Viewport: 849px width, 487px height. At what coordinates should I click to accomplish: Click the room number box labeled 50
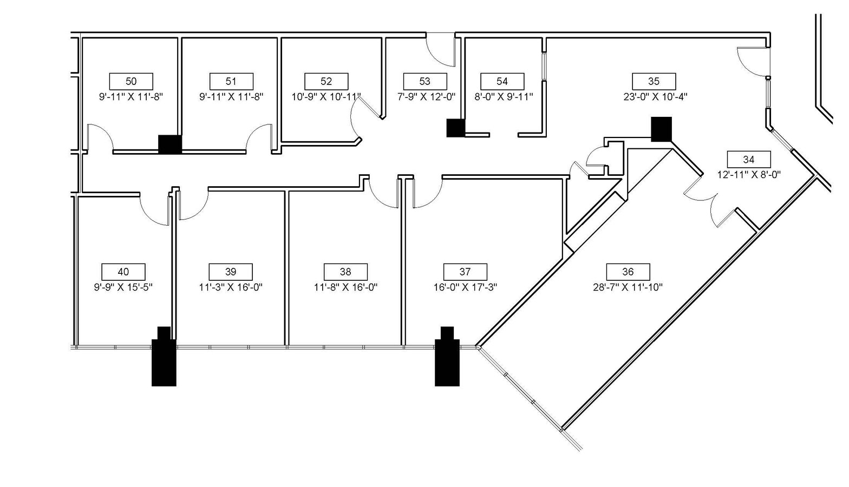point(131,81)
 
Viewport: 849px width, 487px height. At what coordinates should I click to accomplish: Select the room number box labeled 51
point(231,81)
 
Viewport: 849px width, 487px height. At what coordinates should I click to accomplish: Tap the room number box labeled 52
point(326,81)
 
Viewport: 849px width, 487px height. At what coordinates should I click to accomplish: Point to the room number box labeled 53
point(425,81)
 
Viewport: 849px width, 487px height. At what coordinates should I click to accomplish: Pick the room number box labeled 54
point(502,81)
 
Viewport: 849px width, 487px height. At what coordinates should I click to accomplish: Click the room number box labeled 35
point(654,81)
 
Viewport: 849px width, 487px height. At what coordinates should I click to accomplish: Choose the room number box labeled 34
point(748,159)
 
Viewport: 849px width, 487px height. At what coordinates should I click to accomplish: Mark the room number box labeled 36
point(628,272)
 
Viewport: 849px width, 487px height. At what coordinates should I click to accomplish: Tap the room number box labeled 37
point(465,272)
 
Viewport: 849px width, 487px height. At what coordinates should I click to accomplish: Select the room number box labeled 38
point(345,272)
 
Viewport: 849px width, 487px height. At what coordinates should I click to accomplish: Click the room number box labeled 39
point(231,272)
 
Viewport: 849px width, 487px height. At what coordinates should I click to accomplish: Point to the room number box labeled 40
point(123,272)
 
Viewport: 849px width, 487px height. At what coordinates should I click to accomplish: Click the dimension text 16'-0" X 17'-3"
point(465,287)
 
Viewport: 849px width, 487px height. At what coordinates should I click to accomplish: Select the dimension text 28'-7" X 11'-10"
point(628,287)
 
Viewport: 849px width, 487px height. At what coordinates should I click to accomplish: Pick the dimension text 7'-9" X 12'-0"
point(425,97)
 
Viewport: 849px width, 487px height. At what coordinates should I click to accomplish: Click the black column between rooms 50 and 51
point(169,144)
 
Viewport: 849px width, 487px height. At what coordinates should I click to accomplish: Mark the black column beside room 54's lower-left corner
point(455,128)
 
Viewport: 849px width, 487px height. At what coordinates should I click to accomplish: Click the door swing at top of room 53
point(440,50)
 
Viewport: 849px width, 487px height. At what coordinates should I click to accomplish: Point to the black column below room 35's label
point(661,129)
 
